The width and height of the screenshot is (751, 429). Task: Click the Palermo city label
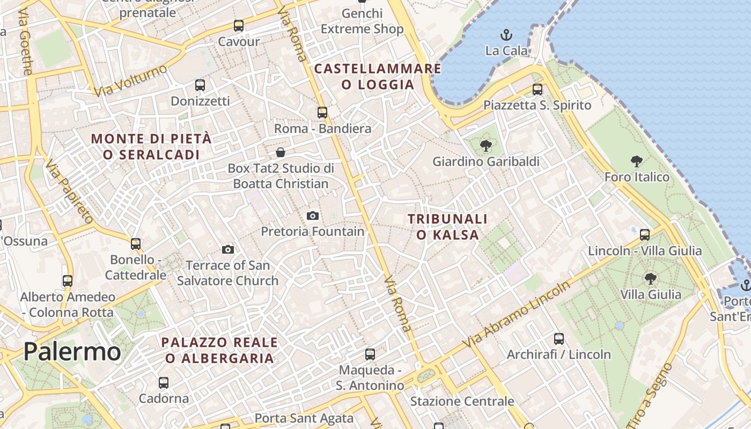pyautogui.click(x=72, y=352)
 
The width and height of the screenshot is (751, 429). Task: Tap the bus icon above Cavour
pyautogui.click(x=239, y=26)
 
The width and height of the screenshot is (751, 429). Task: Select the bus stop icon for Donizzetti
pyautogui.click(x=200, y=85)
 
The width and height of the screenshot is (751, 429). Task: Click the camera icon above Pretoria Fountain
pyautogui.click(x=313, y=216)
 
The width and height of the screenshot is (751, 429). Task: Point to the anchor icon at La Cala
pyautogui.click(x=506, y=35)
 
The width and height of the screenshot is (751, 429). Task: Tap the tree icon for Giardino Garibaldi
pyautogui.click(x=486, y=145)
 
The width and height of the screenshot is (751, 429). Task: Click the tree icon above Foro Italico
pyautogui.click(x=637, y=161)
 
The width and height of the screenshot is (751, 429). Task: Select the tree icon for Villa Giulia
pyautogui.click(x=651, y=278)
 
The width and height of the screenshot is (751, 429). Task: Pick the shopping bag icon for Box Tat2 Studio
pyautogui.click(x=281, y=152)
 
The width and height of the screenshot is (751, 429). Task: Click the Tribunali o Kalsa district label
pyautogui.click(x=447, y=227)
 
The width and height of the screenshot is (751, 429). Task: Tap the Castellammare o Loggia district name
pyautogui.click(x=378, y=77)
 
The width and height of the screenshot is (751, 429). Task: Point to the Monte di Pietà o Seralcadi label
pyautogui.click(x=151, y=146)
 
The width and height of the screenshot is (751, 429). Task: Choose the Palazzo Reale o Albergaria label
pyautogui.click(x=219, y=350)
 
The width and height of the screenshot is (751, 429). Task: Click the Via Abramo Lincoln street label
pyautogui.click(x=518, y=314)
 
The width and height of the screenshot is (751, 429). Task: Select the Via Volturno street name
pyautogui.click(x=130, y=81)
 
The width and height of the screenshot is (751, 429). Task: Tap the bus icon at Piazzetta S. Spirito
pyautogui.click(x=538, y=90)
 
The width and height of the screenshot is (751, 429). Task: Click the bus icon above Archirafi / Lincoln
pyautogui.click(x=559, y=339)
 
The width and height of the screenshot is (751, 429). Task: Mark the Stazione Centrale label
pyautogui.click(x=462, y=401)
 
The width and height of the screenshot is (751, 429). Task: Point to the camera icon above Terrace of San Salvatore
pyautogui.click(x=228, y=249)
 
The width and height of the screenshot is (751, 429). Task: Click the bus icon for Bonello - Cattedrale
pyautogui.click(x=136, y=244)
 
